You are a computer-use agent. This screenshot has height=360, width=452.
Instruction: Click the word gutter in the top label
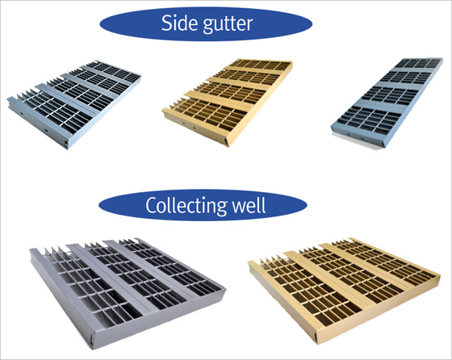tap(228, 24)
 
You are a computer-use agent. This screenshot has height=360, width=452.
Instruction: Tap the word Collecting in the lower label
tap(186, 206)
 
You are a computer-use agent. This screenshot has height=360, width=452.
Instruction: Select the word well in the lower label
tap(249, 205)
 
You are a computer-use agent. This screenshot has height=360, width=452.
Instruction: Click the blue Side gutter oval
tap(206, 24)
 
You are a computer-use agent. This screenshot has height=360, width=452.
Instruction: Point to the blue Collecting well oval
tap(203, 205)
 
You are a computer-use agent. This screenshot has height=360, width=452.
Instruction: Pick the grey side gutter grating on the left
tap(73, 104)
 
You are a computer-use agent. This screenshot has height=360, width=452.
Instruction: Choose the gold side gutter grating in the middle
tap(227, 103)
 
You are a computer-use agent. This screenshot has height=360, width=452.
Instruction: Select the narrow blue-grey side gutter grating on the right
tap(387, 103)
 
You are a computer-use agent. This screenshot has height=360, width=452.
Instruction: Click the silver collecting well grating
tap(128, 292)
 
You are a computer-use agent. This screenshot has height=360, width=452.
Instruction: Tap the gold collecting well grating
tap(345, 290)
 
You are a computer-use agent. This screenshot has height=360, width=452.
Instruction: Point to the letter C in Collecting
tap(151, 205)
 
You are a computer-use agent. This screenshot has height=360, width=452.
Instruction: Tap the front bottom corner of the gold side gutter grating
tap(228, 146)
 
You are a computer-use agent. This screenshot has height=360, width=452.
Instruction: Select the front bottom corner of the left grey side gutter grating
tap(67, 149)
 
